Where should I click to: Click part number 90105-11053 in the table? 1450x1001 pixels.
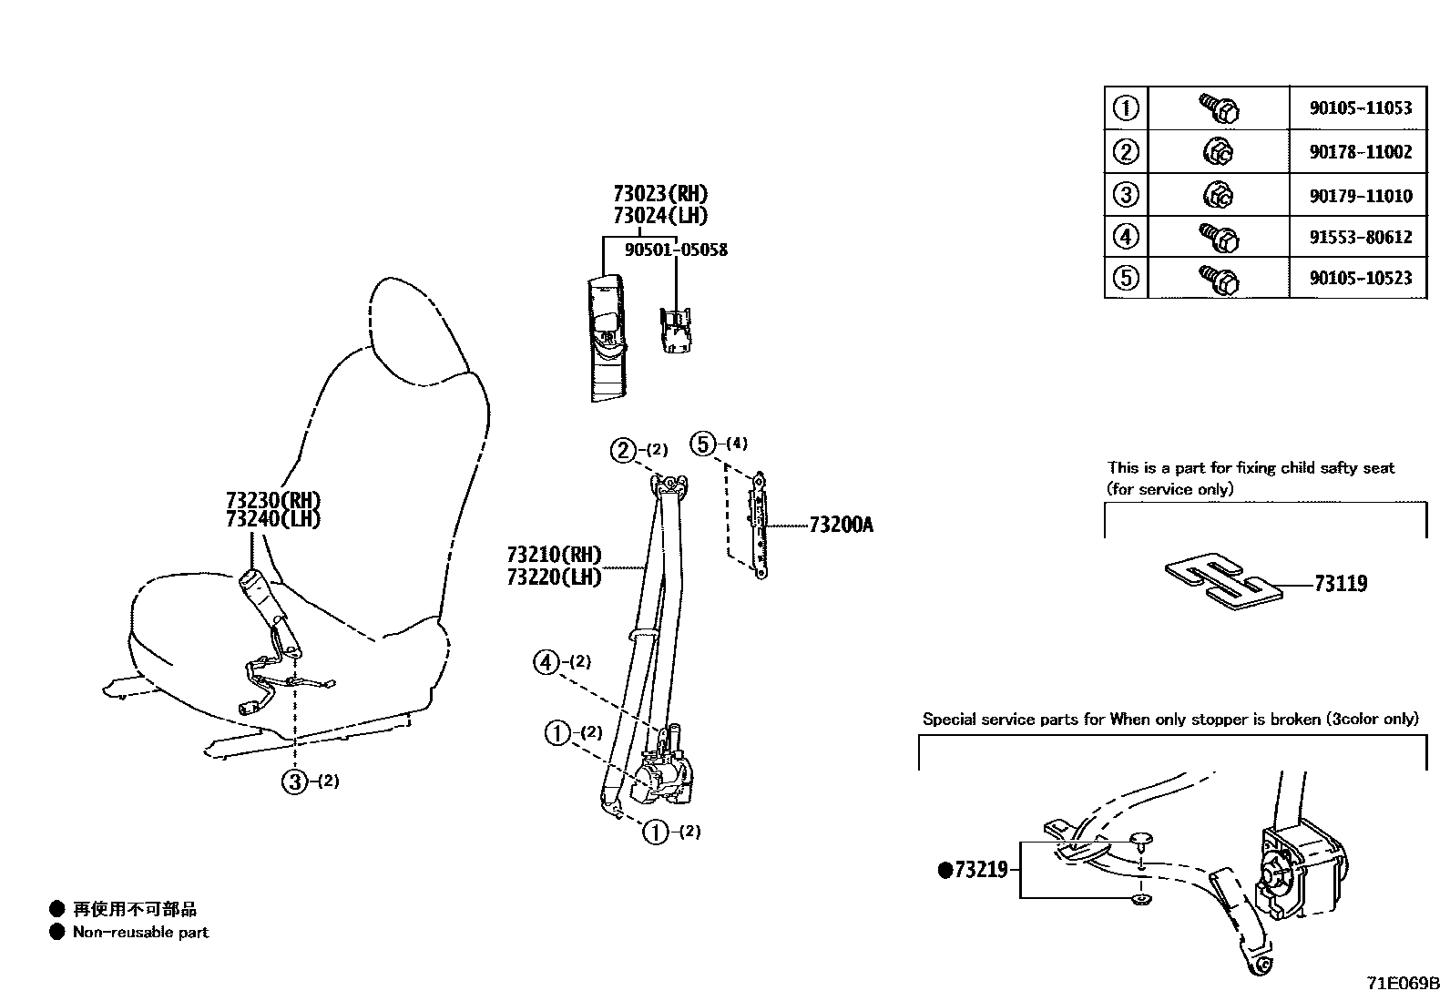coord(1360,108)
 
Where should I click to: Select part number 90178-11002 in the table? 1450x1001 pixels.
coord(1360,152)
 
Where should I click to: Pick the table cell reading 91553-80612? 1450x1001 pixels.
coord(1360,238)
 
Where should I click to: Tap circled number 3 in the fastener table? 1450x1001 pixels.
coord(1126,195)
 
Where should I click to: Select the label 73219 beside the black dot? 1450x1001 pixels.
coord(980,870)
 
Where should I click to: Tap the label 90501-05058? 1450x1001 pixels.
coord(676,250)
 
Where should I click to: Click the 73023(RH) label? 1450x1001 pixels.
coord(659,194)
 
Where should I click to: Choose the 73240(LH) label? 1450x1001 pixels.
coord(272,519)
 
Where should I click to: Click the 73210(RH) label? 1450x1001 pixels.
coord(554,555)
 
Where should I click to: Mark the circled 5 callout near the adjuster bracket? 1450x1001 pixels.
coord(703,444)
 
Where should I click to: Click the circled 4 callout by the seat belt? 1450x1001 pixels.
coord(546,662)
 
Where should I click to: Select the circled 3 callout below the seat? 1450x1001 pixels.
coord(294,781)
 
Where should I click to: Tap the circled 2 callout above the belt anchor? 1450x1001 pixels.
coord(623,450)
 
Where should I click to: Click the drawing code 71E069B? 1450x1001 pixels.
coord(1402,985)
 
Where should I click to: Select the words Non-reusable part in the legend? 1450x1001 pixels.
coord(140,933)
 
